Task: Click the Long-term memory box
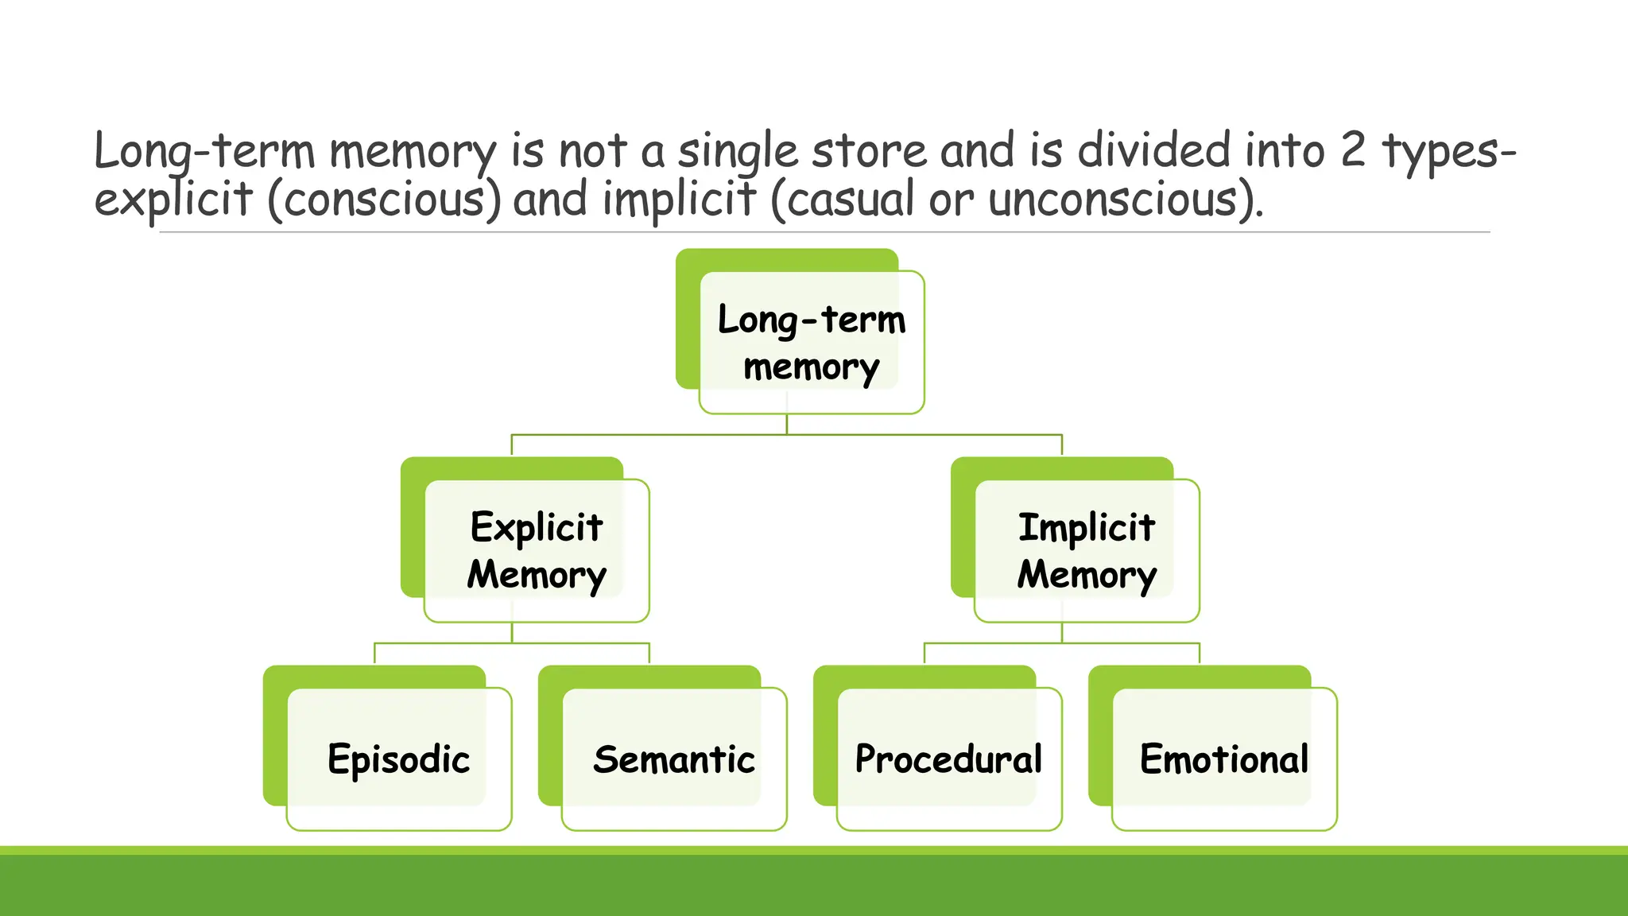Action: [811, 342]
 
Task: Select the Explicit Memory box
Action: [537, 550]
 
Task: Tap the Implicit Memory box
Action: [1086, 550]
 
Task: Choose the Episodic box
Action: [399, 759]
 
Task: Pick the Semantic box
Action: [674, 759]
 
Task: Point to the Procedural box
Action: [949, 759]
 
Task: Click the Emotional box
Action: [1224, 759]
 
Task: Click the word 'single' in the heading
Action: [738, 151]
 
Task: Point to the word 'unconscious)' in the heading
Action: [1126, 199]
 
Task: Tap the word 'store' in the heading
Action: [869, 151]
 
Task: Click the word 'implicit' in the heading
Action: [679, 199]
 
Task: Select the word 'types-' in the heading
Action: [1448, 151]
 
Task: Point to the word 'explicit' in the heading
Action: [172, 199]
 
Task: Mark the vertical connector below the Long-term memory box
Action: [787, 424]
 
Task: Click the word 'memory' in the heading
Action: [413, 151]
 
